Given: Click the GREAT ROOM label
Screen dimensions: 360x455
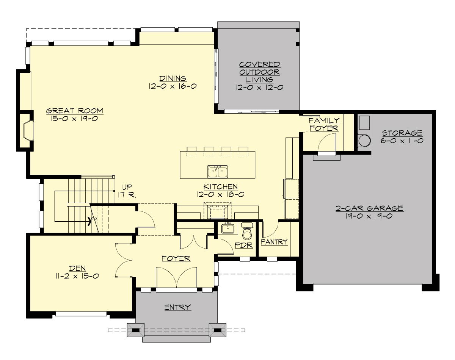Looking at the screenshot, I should (75, 111).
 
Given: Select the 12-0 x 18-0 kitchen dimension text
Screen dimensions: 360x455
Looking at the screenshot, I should (220, 194).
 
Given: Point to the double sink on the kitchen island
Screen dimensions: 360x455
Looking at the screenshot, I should (217, 171).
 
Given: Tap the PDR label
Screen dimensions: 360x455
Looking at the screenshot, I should (244, 245).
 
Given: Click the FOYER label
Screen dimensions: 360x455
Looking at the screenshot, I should (176, 258).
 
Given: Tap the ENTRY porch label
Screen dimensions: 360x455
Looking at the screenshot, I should (177, 307).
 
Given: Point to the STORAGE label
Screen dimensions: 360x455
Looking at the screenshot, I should (402, 133).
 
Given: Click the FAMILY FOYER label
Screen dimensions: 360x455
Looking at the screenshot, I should (324, 124).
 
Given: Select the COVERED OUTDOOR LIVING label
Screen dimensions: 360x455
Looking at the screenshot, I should (260, 72).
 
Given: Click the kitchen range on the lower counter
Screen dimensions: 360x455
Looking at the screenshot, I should (217, 211).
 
